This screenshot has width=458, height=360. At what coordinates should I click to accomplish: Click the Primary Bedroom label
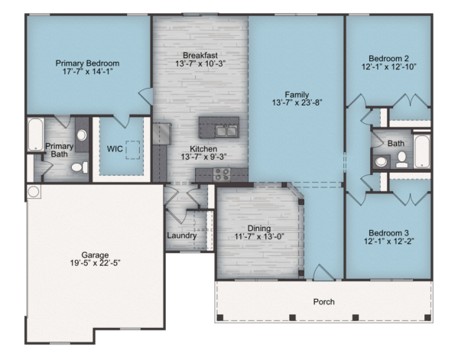87,63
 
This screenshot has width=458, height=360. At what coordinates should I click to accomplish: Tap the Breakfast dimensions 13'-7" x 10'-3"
200,63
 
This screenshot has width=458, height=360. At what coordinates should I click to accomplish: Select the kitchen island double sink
226,131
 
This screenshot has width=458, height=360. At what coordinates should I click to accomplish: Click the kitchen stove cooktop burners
222,174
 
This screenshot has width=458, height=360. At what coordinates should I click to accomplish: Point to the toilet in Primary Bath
80,167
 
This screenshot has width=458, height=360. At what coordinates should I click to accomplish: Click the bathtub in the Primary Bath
36,135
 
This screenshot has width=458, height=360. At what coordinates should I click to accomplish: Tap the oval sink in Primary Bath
82,135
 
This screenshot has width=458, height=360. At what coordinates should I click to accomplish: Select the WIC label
115,149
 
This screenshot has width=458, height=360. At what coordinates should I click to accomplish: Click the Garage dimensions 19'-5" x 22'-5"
96,263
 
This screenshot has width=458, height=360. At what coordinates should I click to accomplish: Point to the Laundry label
182,235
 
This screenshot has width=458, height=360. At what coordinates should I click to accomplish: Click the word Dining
259,229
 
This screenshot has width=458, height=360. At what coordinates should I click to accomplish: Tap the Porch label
323,302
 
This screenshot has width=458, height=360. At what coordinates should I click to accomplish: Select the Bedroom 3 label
388,233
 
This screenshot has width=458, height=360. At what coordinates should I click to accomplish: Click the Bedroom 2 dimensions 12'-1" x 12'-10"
388,66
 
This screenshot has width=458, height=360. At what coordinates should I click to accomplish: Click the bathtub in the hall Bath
422,151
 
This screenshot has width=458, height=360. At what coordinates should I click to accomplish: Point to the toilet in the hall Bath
402,160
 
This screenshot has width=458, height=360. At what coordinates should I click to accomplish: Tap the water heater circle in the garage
34,192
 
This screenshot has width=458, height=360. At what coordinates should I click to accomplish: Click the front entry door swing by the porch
323,272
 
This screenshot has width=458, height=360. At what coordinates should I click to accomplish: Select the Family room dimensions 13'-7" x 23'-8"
297,102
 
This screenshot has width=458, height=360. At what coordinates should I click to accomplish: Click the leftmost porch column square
220,317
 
